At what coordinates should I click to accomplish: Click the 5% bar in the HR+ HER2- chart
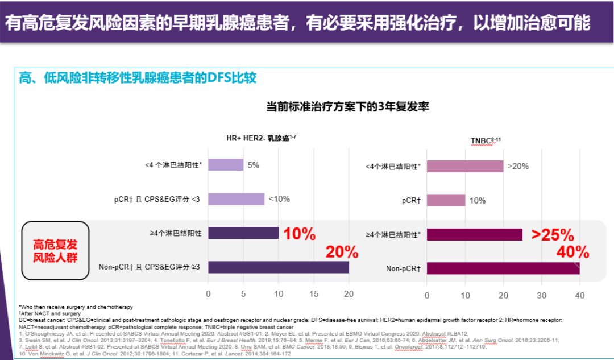pos(226,165)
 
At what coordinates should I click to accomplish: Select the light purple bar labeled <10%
pos(237,199)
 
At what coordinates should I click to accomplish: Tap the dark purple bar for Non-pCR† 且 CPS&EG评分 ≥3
pos(279,267)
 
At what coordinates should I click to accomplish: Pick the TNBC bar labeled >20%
pos(465,166)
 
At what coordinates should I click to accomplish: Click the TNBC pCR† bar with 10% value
pos(446,200)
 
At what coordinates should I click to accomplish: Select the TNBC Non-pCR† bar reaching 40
pos(503,268)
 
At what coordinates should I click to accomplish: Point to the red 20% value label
pos(342,252)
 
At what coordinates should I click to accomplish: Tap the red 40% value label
pos(572,252)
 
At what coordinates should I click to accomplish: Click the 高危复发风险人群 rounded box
pos(55,251)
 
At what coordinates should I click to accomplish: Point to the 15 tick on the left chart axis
pos(314,294)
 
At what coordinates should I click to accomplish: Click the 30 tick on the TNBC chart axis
pos(542,296)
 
